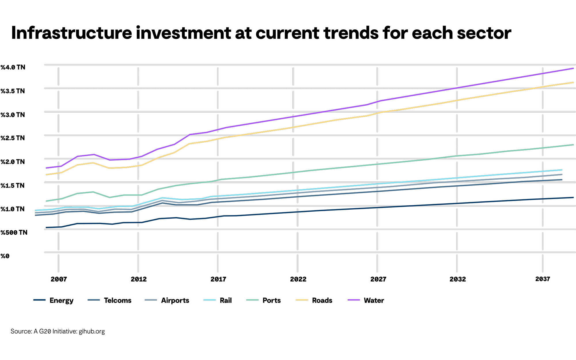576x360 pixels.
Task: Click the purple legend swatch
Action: tap(354, 300)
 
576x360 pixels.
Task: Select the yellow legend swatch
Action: tap(302, 300)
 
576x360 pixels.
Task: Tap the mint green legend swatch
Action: tap(252, 300)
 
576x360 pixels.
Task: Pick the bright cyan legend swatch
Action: tap(209, 300)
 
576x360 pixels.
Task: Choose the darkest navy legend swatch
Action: tap(39, 300)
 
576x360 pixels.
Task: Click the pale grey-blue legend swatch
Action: tap(151, 300)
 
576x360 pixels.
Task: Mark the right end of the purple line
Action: tap(573, 69)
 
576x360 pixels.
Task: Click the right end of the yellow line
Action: tap(573, 82)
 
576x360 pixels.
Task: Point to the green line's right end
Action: tap(573, 145)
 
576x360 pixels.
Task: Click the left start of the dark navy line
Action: tap(46, 228)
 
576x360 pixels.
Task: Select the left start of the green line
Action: tap(46, 201)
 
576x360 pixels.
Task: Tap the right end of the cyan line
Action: tap(562, 170)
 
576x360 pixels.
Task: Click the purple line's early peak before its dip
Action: tap(94, 154)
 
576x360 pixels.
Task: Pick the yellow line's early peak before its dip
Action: tap(93, 163)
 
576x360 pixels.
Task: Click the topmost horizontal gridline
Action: tap(288, 65)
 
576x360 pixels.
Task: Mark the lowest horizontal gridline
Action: tap(288, 253)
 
